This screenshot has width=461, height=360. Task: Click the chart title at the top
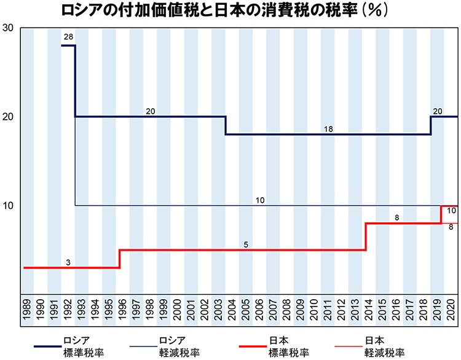[230, 10]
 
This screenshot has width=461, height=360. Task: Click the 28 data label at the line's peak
[68, 37]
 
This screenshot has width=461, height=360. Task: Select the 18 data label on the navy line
[328, 128]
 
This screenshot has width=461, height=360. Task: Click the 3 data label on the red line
[68, 262]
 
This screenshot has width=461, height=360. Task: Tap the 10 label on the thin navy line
[260, 200]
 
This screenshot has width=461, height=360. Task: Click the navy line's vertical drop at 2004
[225, 125]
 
